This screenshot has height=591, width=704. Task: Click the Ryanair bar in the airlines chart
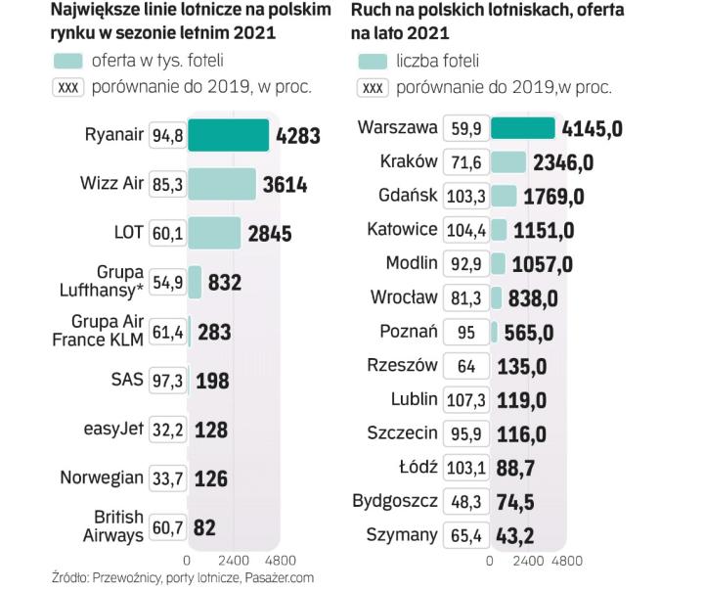pyautogui.click(x=228, y=136)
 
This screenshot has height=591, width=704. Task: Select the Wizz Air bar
pyautogui.click(x=221, y=184)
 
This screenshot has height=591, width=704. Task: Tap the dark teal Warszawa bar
pyautogui.click(x=522, y=128)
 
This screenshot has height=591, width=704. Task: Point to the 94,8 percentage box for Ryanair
pyautogui.click(x=167, y=136)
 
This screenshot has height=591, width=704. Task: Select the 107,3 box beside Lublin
pyautogui.click(x=465, y=400)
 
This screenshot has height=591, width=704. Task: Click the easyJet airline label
pyautogui.click(x=113, y=430)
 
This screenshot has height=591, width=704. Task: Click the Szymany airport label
pyautogui.click(x=401, y=535)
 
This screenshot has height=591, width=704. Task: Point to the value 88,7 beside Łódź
pyautogui.click(x=514, y=468)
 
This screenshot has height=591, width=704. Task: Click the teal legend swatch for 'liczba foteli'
pyautogui.click(x=372, y=61)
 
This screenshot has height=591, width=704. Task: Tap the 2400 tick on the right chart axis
pyautogui.click(x=528, y=562)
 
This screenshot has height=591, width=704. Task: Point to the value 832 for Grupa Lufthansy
pyautogui.click(x=225, y=283)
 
